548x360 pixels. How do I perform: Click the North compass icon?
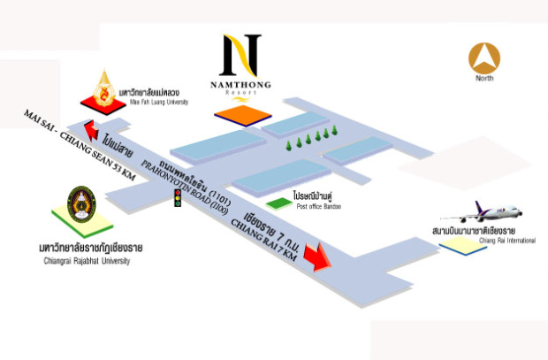click(x=483, y=57)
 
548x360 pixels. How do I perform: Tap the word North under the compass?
click(x=483, y=79)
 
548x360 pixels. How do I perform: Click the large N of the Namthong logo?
click(x=241, y=55)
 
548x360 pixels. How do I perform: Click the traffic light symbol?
click(x=178, y=197)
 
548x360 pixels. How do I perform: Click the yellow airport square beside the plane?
click(x=457, y=245)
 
